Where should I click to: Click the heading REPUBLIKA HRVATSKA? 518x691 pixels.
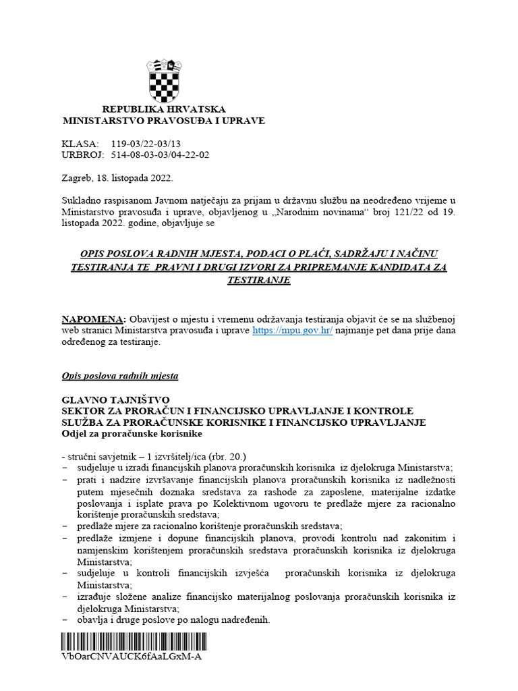[164, 109]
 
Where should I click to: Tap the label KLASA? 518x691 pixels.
[80, 144]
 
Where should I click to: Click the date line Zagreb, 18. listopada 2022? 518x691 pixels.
[117, 178]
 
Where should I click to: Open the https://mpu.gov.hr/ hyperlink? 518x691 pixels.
[293, 331]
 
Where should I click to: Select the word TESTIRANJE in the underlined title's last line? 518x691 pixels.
[260, 279]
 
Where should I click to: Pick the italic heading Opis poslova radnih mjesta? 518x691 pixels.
[120, 376]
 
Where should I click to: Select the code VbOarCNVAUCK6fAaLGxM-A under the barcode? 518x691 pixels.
[132, 657]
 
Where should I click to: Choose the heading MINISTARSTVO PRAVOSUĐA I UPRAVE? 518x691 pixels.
[164, 121]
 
